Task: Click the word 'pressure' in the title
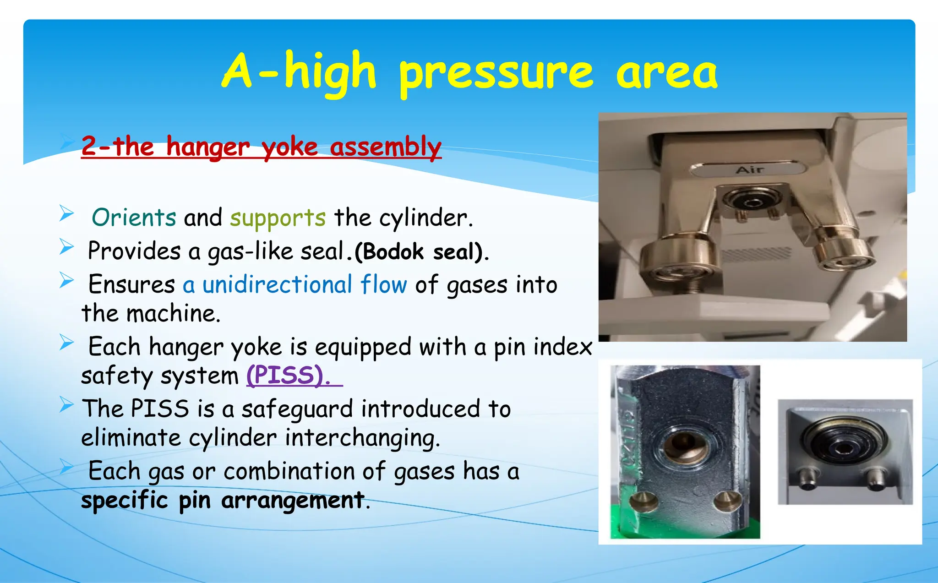pyautogui.click(x=496, y=73)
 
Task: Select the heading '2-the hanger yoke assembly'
pyautogui.click(x=261, y=147)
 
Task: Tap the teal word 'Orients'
pyautogui.click(x=134, y=218)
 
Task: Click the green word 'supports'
pyautogui.click(x=278, y=218)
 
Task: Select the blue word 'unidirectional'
pyautogui.click(x=277, y=284)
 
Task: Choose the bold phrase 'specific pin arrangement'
pyautogui.click(x=223, y=500)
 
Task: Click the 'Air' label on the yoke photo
pyautogui.click(x=749, y=169)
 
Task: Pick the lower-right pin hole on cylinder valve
pyautogui.click(x=726, y=500)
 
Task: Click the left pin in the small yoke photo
pyautogui.click(x=807, y=477)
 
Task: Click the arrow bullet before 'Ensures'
pyautogui.click(x=66, y=280)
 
